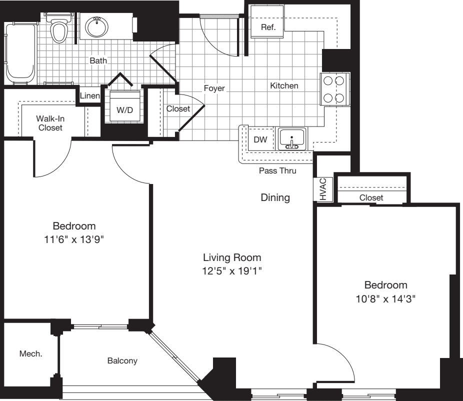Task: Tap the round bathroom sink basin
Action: [95, 26]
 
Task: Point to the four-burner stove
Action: [334, 89]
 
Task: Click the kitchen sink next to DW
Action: [292, 138]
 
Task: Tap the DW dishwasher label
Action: [260, 140]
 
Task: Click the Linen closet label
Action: [89, 95]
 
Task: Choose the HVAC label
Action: [322, 189]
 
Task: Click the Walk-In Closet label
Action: [49, 123]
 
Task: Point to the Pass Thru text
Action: [277, 170]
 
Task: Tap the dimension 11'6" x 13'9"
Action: [74, 239]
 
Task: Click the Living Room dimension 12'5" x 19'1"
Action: [232, 271]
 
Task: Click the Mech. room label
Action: [30, 353]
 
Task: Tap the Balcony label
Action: [122, 360]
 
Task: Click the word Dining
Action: [275, 197]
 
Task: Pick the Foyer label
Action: [214, 88]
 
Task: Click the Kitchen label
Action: [284, 85]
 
